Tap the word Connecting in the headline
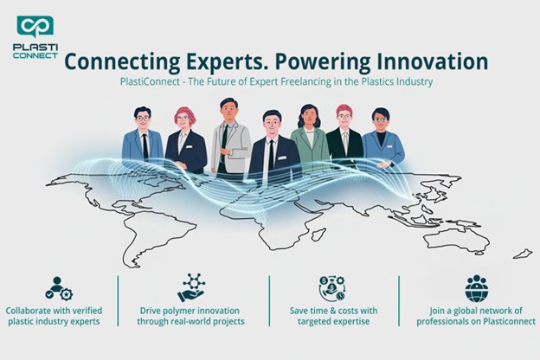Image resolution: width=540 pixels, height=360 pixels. (x=118, y=61)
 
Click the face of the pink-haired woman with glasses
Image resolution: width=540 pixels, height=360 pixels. (x=183, y=119)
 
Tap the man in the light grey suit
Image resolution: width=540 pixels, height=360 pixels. (x=229, y=134)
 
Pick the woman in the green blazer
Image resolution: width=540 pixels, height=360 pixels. (x=309, y=138)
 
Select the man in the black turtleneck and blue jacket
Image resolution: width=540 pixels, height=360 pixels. (x=382, y=138)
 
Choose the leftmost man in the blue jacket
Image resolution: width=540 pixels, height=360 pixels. (x=143, y=138)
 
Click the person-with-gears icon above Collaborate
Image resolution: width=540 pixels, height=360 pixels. (x=60, y=288)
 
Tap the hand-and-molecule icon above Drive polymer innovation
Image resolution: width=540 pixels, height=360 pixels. (x=191, y=287)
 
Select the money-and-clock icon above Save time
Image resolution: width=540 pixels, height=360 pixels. (x=333, y=288)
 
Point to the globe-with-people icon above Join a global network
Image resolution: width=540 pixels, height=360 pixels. (x=476, y=288)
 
